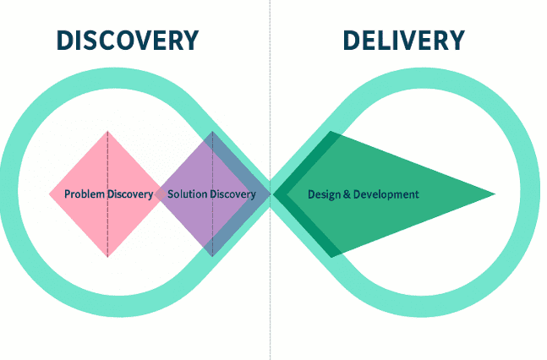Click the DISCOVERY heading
(x=127, y=40)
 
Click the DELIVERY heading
(x=403, y=40)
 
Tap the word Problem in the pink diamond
(x=85, y=194)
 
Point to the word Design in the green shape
(x=325, y=194)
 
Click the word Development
(x=386, y=194)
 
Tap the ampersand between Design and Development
(x=347, y=194)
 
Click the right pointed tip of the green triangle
(x=495, y=194)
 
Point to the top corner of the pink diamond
(x=107, y=132)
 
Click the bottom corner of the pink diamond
(x=107, y=256)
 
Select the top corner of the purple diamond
(x=212, y=132)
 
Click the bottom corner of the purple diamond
(x=212, y=256)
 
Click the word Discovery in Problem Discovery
(x=130, y=194)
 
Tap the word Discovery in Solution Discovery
(x=232, y=194)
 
